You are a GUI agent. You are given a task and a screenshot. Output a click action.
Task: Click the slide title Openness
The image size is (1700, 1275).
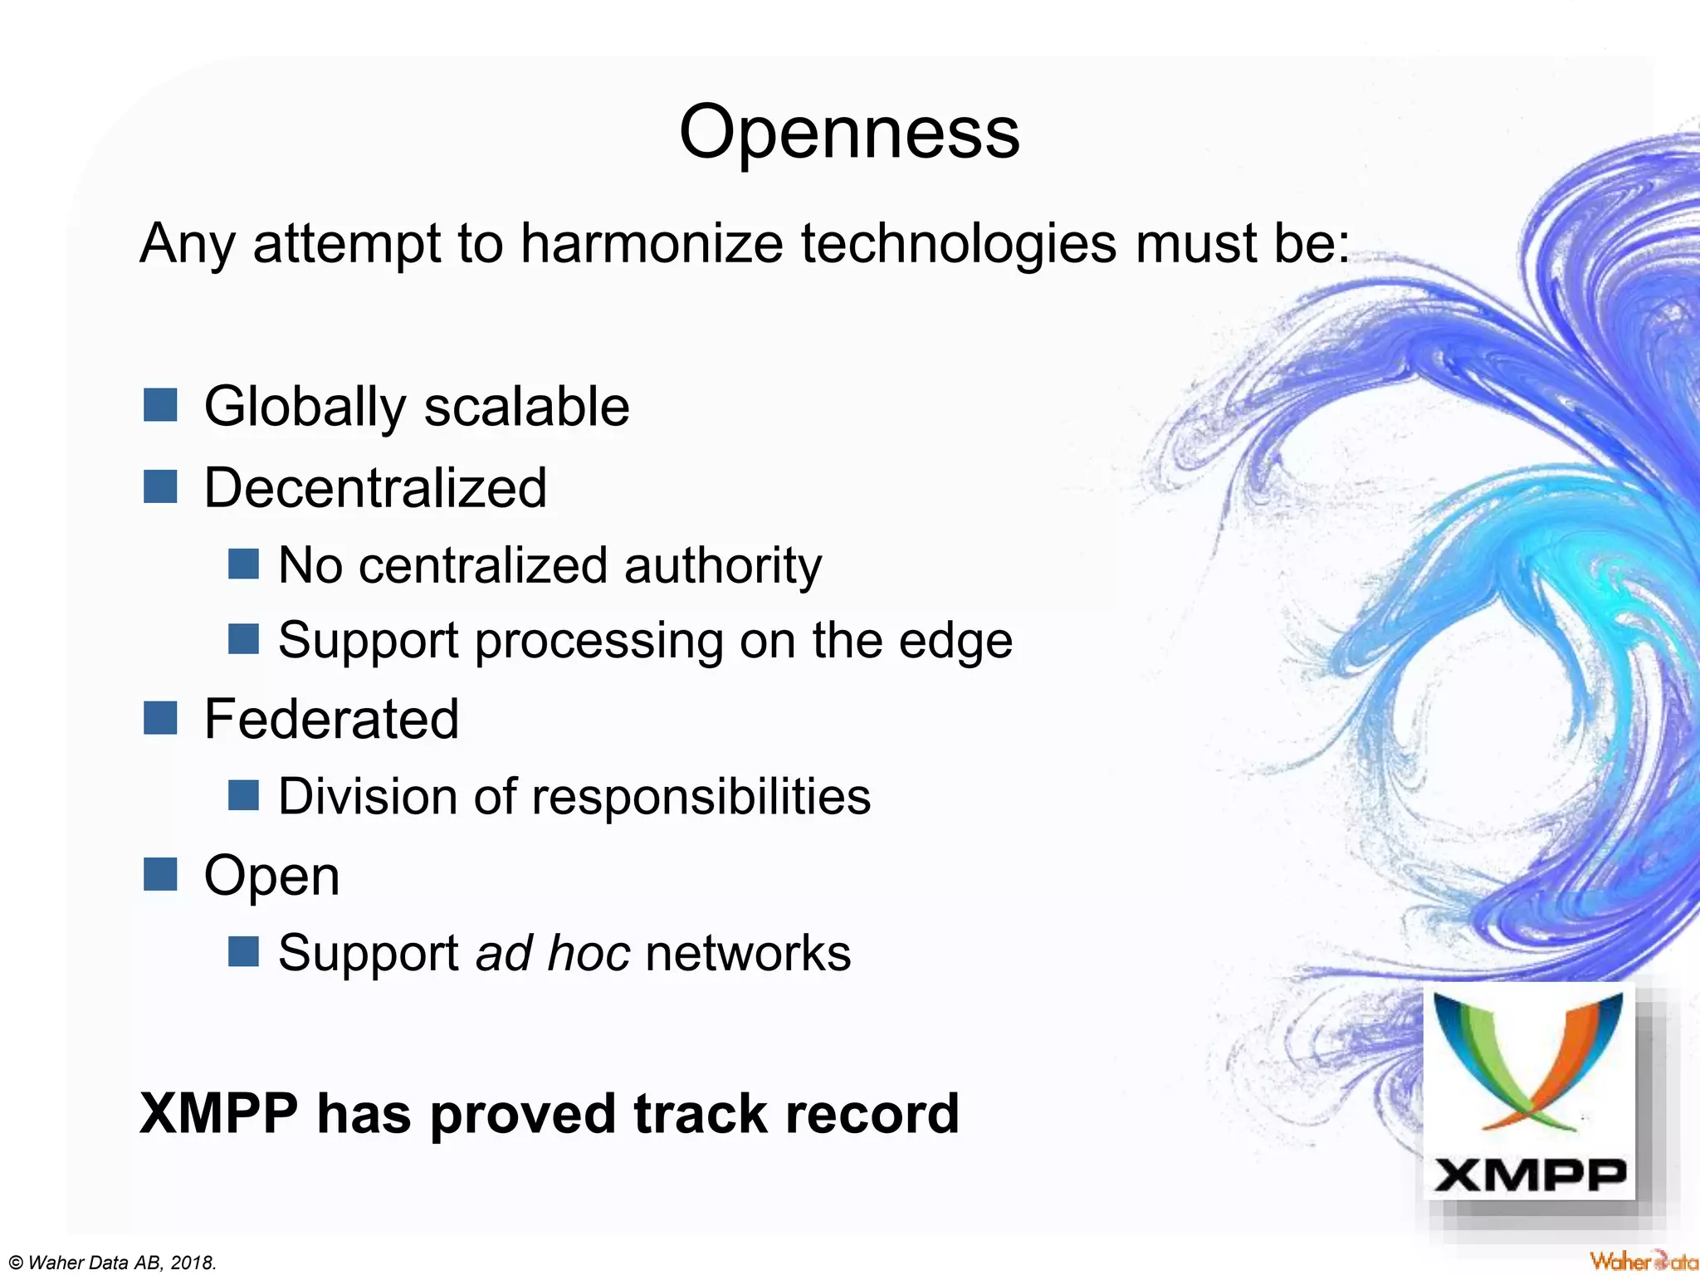pos(849,133)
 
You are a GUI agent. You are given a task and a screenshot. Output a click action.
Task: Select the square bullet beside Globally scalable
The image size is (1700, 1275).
pos(160,405)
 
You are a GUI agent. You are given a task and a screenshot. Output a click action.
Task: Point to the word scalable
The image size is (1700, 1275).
pos(527,407)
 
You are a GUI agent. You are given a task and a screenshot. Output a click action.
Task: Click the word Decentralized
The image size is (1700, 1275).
pos(375,487)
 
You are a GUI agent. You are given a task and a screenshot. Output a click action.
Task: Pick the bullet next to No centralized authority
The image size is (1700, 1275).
pos(243,564)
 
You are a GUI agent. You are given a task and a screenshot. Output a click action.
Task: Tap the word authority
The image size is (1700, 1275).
pos(722,566)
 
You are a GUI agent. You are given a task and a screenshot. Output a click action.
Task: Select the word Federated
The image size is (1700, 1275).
pos(331,719)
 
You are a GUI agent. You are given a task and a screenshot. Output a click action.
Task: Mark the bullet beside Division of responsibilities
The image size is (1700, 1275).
pos(243,795)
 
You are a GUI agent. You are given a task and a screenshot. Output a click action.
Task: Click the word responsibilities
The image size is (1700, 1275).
pos(701,797)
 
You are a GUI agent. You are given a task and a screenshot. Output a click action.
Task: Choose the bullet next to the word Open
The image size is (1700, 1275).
pos(160,874)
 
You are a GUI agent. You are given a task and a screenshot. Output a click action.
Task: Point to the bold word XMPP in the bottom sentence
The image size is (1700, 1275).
pos(219,1113)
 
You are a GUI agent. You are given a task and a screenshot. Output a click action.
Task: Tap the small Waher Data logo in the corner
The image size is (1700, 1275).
pos(1643,1261)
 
